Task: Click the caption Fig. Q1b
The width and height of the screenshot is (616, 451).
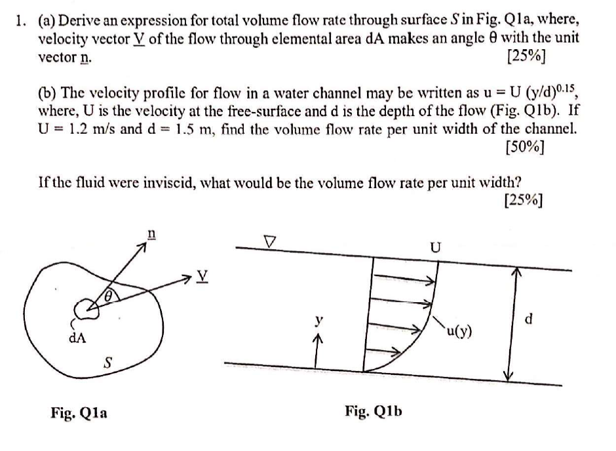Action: (373, 411)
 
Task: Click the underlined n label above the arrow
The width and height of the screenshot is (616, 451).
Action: (151, 234)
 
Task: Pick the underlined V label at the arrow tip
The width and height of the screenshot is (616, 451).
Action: (206, 278)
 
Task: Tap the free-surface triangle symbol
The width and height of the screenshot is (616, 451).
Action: (269, 240)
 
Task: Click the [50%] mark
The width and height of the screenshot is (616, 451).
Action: (527, 146)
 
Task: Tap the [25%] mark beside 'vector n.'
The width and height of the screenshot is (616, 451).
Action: (527, 55)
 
